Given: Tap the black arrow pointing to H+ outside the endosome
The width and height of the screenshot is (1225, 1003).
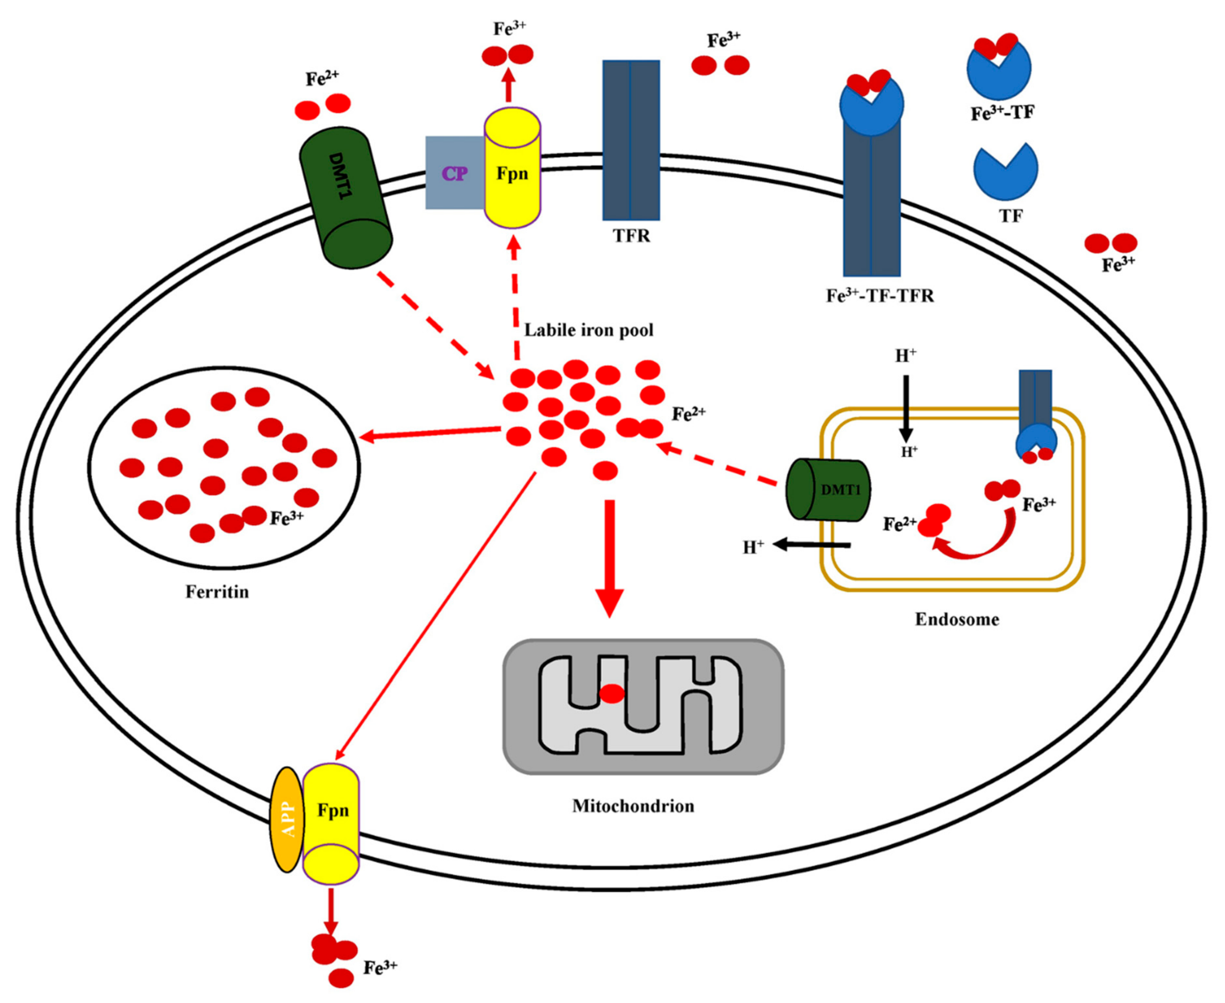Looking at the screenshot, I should (812, 544).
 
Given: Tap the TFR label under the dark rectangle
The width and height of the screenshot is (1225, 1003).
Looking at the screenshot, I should (631, 236).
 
